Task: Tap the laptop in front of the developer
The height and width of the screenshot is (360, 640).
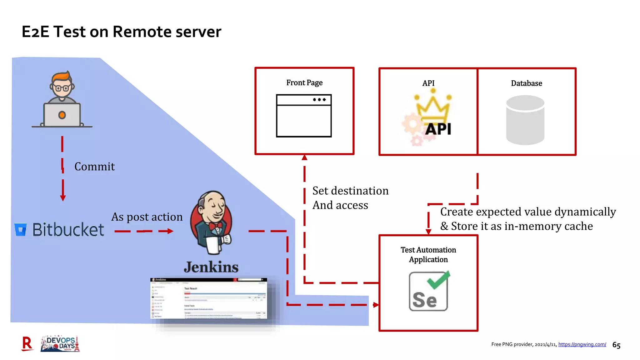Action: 62,115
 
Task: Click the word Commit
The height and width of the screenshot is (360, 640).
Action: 94,167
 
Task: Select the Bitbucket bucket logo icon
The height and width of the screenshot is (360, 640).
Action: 21,230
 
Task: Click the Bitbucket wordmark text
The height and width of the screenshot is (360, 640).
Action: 68,230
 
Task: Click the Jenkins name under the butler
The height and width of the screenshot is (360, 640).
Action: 211,267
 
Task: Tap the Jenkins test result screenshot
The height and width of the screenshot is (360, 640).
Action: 209,299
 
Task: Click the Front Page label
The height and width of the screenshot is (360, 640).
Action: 304,83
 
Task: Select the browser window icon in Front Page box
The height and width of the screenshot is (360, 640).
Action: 304,116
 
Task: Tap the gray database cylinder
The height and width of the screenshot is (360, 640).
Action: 525,120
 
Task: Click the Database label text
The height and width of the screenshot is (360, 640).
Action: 527,83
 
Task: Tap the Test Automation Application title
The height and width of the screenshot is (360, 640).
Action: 428,255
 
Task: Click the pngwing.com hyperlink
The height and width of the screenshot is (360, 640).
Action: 582,344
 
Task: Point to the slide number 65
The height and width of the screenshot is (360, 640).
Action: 616,345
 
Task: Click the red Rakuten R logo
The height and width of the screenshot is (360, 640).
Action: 27,344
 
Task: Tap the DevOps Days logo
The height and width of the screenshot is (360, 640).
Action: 60,344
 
